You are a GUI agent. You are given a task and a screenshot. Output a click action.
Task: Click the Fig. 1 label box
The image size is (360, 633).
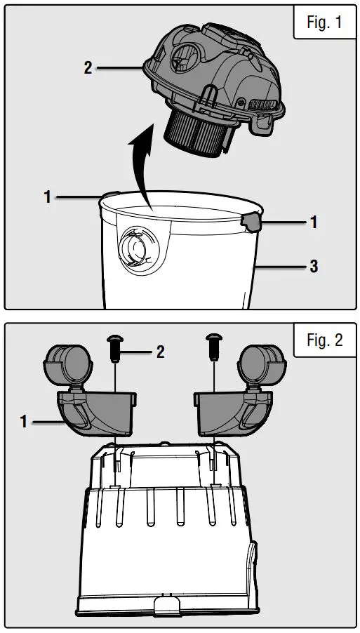click(x=324, y=22)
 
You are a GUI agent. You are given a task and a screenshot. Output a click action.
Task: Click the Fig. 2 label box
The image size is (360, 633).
click(x=324, y=340)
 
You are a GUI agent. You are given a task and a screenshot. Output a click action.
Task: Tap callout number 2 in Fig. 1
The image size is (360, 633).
click(x=88, y=68)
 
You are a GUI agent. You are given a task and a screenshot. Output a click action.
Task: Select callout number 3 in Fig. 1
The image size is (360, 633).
click(x=314, y=266)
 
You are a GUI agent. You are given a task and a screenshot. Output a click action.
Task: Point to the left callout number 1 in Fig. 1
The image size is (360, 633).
click(x=48, y=197)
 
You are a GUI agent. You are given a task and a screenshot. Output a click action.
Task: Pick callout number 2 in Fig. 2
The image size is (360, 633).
click(x=160, y=352)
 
